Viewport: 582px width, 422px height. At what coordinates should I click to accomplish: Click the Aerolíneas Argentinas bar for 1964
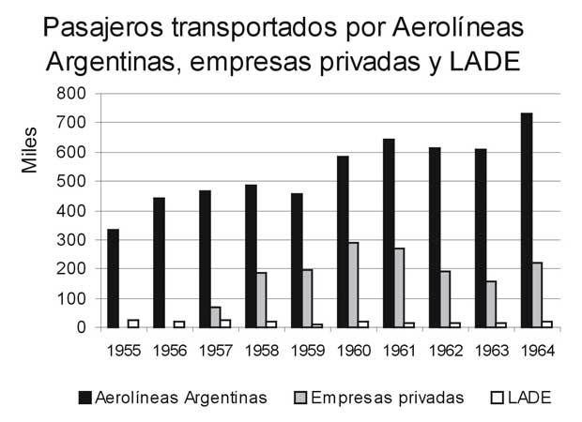[x=527, y=220]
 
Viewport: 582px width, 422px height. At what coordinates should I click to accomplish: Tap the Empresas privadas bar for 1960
[x=352, y=285]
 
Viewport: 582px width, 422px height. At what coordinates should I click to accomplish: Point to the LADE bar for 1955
[x=133, y=324]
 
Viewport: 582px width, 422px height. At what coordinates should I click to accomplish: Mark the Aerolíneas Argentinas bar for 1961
[x=389, y=234]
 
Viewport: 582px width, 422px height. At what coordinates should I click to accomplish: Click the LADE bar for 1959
[x=317, y=325]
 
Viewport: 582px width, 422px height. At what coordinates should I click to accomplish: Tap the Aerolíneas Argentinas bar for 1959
[x=297, y=261]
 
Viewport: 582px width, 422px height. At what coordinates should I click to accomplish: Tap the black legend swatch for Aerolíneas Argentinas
[x=85, y=397]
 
